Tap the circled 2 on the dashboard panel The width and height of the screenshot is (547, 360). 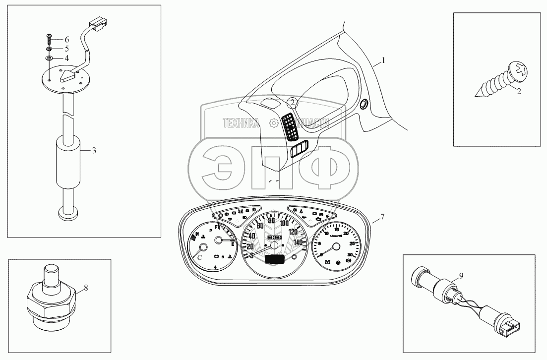point(293,103)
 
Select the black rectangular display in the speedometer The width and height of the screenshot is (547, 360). point(275,258)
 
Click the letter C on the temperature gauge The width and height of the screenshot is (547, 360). point(200,257)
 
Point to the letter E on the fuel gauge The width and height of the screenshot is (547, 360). point(232,243)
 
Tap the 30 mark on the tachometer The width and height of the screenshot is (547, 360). point(350,254)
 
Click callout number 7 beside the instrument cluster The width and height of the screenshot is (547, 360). point(382,217)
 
